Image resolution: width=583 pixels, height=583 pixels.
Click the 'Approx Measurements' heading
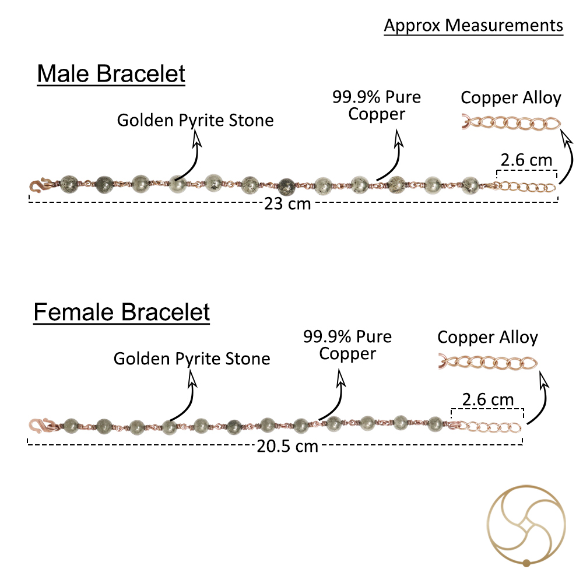pos(473,26)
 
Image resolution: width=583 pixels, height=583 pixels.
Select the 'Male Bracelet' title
pos(111,73)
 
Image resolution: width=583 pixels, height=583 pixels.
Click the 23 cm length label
pos(287,203)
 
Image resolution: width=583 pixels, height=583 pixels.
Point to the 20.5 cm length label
pos(287,446)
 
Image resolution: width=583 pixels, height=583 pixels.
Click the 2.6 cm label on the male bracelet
pos(526,160)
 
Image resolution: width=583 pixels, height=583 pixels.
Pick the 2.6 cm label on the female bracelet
pos(488,400)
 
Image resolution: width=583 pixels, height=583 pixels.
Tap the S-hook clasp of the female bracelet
pos(41,425)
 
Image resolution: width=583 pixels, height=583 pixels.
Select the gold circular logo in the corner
pos(526,526)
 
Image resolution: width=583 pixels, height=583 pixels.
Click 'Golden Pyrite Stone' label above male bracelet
pos(195,121)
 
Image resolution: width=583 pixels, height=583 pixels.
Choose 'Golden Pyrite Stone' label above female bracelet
pos(192,359)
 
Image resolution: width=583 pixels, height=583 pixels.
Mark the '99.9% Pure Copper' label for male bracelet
pos(377,105)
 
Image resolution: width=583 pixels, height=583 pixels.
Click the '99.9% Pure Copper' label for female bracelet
pos(347,345)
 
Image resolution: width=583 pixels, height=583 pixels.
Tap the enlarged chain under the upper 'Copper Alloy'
pos(511,122)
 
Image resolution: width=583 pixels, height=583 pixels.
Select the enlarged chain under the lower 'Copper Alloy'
pos(488,362)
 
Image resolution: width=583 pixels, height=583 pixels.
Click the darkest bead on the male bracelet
pos(287,186)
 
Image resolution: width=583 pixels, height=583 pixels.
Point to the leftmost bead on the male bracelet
pos(69,184)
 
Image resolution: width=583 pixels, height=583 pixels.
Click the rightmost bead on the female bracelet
pos(435,424)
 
